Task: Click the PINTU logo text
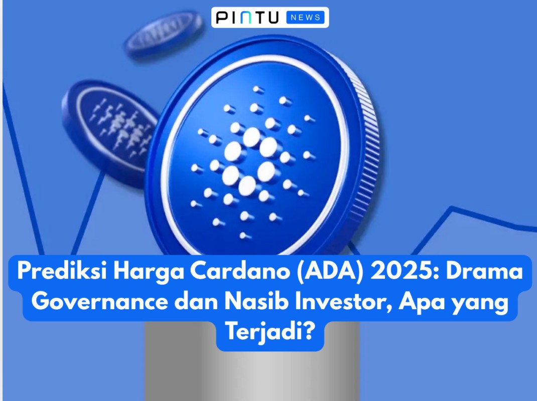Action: [248, 18]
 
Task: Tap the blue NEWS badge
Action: [305, 18]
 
